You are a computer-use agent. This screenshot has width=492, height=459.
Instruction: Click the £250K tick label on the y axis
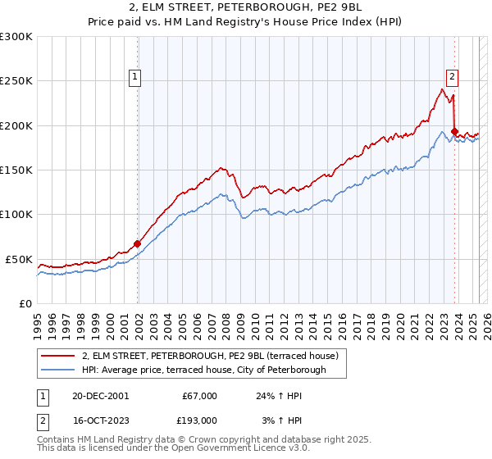pos(16,81)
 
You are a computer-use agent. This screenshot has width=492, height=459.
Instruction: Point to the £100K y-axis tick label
pos(16,214)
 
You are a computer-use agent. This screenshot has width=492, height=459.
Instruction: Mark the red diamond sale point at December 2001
pos(138,243)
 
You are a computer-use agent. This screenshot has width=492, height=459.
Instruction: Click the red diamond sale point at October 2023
pos(454,132)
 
